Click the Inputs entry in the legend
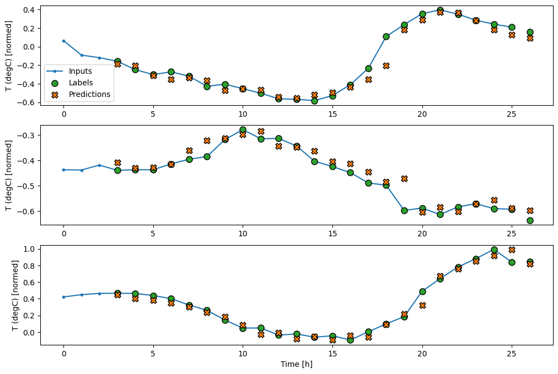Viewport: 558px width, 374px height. coord(80,71)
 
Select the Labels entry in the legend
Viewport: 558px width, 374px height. coord(80,83)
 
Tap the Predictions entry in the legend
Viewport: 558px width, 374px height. coord(89,94)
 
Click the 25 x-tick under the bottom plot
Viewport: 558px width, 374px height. coord(512,353)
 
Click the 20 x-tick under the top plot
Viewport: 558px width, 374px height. coord(422,113)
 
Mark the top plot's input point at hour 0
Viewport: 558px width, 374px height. coord(63,41)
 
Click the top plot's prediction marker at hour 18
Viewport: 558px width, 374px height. coord(386,66)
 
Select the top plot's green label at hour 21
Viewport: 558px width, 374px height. coord(440,10)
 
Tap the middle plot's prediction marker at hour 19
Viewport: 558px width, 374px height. coord(404,178)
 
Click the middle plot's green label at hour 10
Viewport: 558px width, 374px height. coord(243,130)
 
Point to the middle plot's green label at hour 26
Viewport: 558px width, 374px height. coord(530,220)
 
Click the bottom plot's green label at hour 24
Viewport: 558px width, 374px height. coord(494,250)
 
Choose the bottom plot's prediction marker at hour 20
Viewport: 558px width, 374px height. coord(422,305)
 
